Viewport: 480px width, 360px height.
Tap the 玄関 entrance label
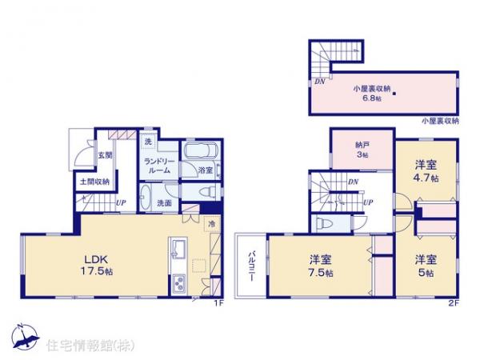(x=105, y=156)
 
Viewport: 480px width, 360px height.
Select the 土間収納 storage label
(x=94, y=182)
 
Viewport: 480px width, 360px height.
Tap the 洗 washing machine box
(x=148, y=142)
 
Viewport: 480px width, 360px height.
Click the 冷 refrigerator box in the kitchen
(x=213, y=224)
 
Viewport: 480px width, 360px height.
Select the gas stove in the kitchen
(x=178, y=282)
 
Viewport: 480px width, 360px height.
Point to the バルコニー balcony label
(x=250, y=263)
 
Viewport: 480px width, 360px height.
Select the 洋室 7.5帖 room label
(x=322, y=263)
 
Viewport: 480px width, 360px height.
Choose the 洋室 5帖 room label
(x=425, y=263)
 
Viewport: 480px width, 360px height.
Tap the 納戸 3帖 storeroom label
(x=362, y=150)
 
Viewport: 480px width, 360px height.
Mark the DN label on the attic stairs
(x=319, y=81)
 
